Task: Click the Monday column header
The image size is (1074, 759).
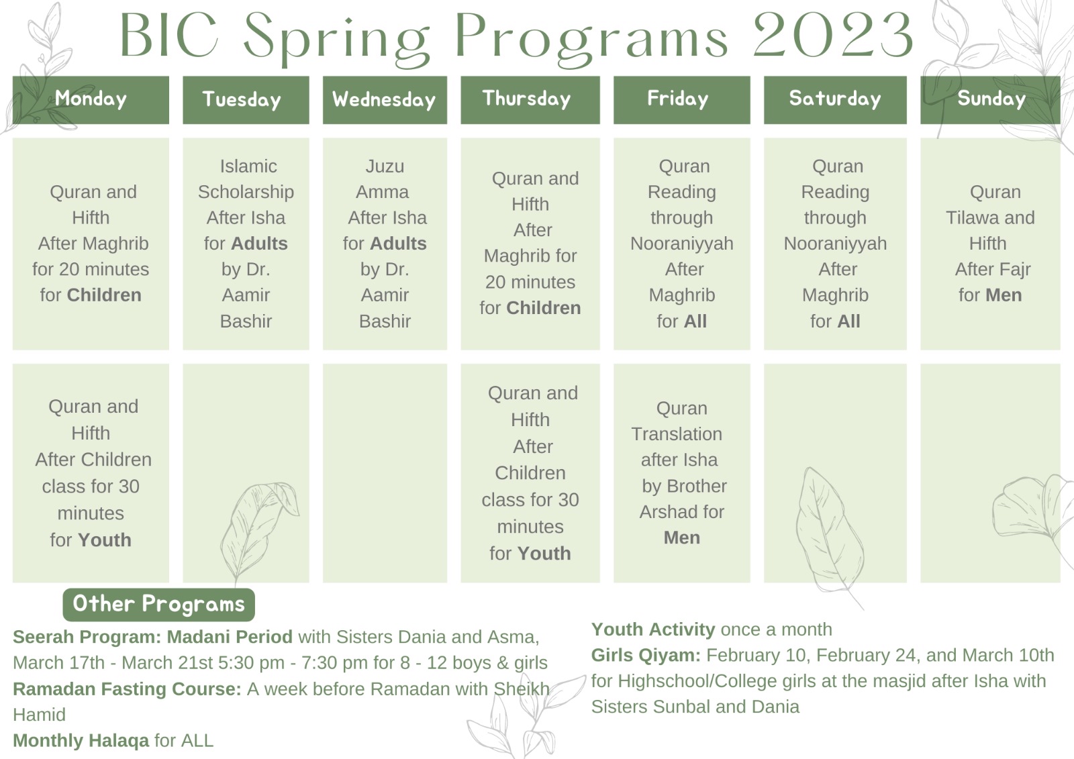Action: point(91,100)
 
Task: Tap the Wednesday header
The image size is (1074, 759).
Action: point(385,100)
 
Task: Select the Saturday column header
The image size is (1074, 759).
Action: point(835,100)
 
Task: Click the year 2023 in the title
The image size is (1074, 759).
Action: point(833,35)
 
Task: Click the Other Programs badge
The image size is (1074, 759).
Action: point(158,604)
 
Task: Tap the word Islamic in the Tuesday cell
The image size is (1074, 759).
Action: point(248,166)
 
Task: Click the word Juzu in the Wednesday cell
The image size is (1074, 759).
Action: point(385,166)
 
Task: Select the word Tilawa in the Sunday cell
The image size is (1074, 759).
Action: point(969,217)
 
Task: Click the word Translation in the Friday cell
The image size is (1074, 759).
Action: point(677,434)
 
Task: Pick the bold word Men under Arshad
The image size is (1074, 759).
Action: point(681,538)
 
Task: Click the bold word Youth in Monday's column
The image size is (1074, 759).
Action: point(105,540)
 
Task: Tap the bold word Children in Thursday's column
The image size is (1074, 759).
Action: point(544,308)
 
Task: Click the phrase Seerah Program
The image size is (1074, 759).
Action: point(87,637)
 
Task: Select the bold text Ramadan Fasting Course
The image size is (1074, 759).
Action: point(127,689)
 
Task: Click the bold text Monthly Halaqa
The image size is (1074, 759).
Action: point(81,740)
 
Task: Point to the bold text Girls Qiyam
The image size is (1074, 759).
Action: point(646,655)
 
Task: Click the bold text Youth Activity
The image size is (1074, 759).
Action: point(653,629)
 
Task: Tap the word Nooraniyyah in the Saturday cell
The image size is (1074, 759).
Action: point(835,244)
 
